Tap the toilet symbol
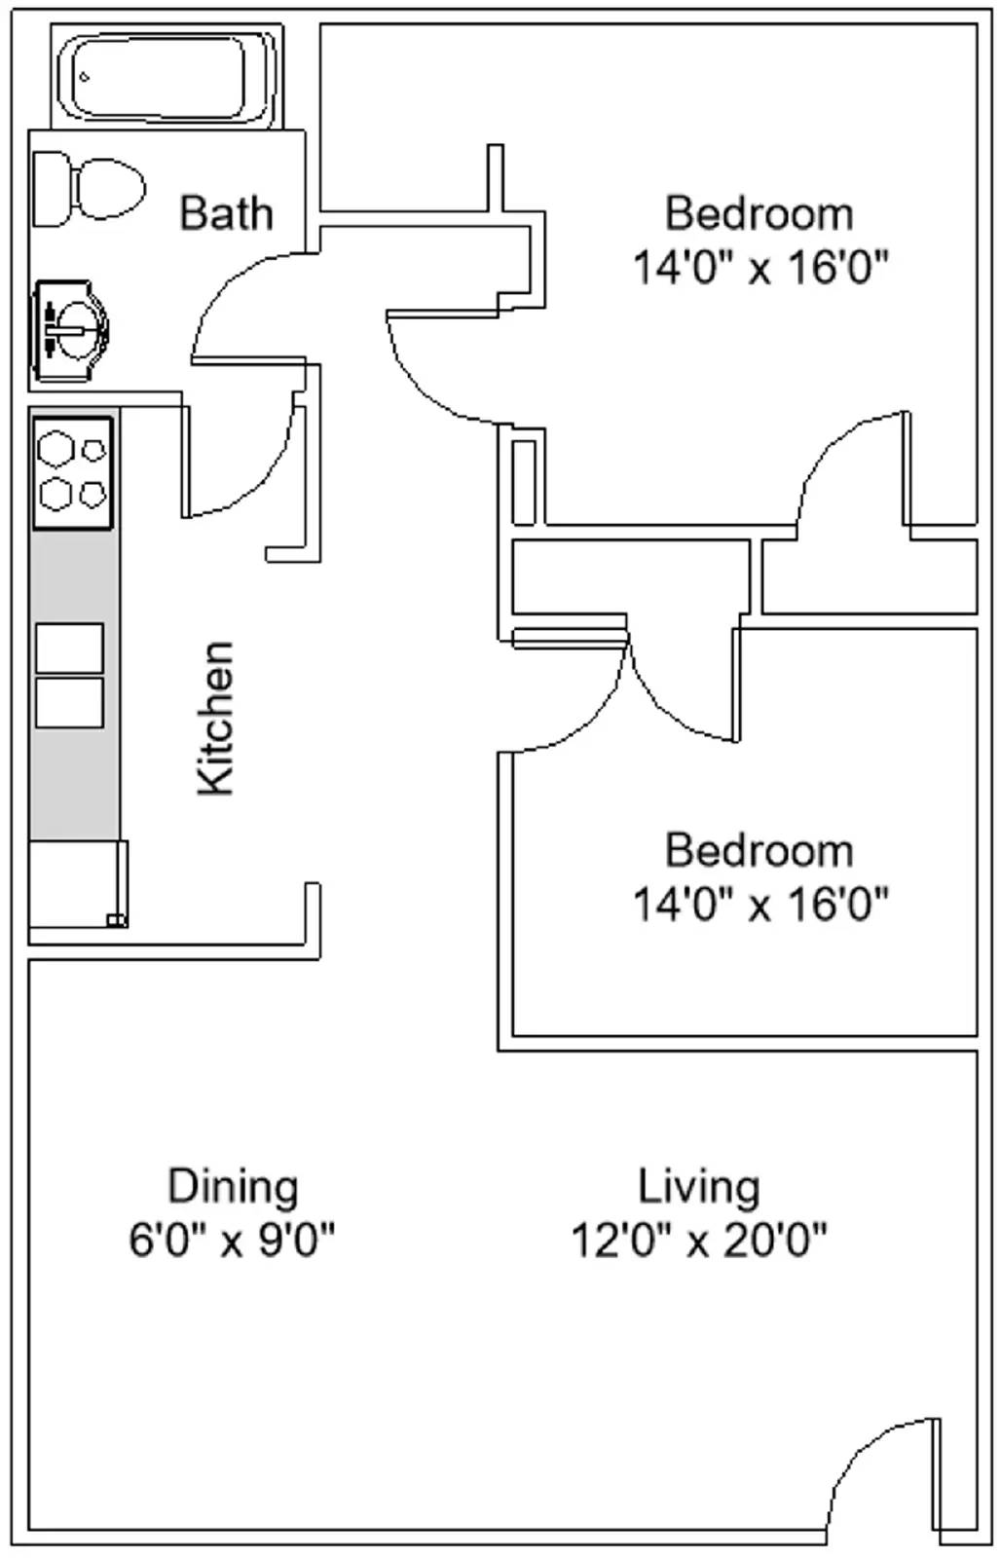[90, 189]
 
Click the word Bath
[226, 213]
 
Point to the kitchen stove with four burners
[73, 473]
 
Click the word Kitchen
[216, 719]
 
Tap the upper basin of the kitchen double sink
[69, 648]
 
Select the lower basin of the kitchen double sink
[69, 703]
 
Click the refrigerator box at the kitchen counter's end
[76, 884]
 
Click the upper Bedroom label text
[759, 213]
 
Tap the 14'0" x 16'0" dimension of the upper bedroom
[760, 266]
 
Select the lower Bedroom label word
[759, 850]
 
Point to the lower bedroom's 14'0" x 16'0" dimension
[760, 904]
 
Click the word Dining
[233, 1186]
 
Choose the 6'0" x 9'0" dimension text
[232, 1240]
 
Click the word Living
[698, 1186]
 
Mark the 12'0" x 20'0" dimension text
[698, 1240]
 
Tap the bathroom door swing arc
[243, 292]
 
